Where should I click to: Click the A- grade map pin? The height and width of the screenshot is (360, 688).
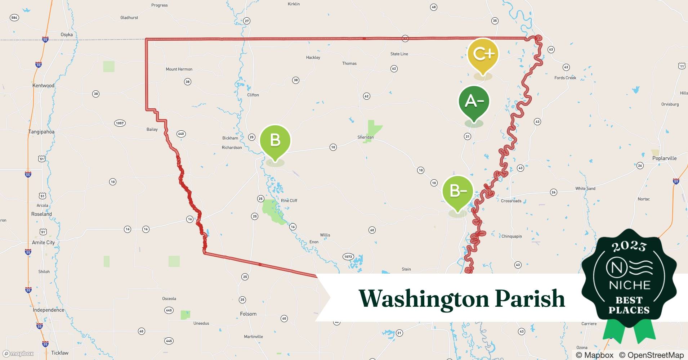[474, 102]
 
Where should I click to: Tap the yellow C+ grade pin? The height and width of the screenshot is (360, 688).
[483, 54]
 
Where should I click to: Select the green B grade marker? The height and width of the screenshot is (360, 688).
[275, 140]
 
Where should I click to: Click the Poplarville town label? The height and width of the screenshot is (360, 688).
[664, 158]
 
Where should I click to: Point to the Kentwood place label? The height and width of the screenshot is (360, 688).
[43, 86]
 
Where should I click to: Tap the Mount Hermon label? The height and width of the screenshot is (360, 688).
[179, 69]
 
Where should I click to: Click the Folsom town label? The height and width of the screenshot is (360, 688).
[248, 314]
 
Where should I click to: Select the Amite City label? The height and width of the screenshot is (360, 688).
[43, 243]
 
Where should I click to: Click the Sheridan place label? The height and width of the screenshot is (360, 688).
[365, 137]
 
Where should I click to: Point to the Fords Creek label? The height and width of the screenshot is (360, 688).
[565, 78]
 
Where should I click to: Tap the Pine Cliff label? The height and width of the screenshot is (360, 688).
[289, 201]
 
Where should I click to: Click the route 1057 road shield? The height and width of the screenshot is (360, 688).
[120, 123]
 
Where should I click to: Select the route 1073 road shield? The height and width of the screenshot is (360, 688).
[348, 257]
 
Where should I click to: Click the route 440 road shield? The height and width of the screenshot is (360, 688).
[181, 134]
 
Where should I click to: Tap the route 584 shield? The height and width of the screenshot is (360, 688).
[14, 18]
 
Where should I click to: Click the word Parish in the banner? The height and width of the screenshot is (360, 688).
[530, 298]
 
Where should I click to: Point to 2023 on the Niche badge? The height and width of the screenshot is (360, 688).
[629, 246]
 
